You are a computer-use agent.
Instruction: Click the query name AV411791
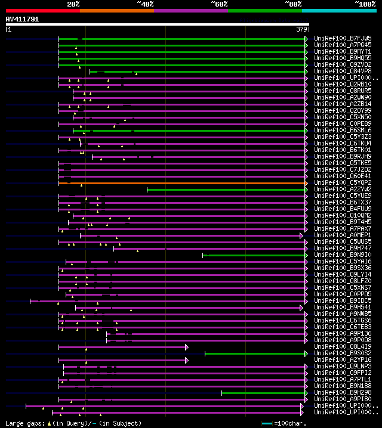pyautogui.click(x=23, y=19)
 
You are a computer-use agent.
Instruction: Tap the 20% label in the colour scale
pyautogui.click(x=73, y=4)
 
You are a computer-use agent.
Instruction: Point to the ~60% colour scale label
pyautogui.click(x=219, y=4)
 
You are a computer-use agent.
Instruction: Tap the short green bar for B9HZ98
pyautogui.click(x=263, y=393)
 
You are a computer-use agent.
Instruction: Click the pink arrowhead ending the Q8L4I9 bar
pyautogui.click(x=187, y=347)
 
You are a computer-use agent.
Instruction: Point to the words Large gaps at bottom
pyautogui.click(x=24, y=423)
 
